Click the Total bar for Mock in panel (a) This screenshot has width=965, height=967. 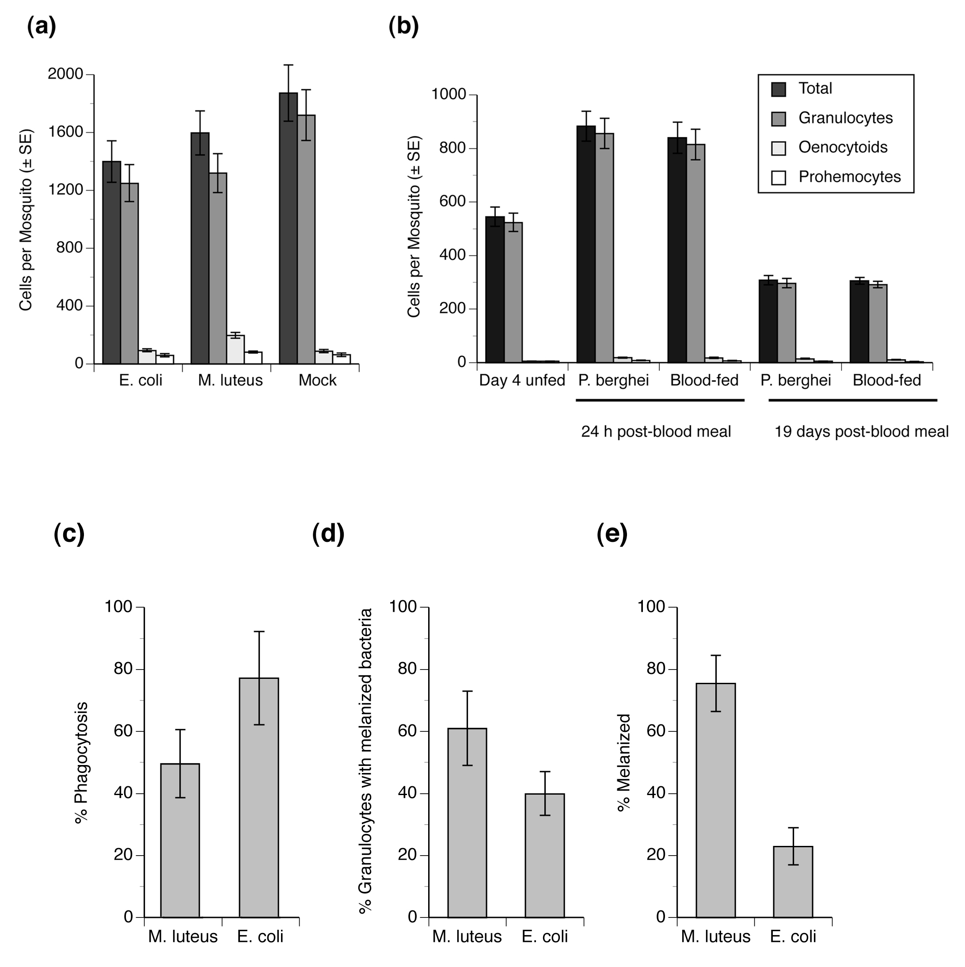[288, 228]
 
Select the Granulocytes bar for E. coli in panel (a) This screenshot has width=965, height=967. [129, 273]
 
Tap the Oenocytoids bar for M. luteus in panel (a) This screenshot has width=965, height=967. [235, 349]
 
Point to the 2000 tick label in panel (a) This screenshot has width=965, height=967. [65, 74]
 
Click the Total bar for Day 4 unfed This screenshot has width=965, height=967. [495, 289]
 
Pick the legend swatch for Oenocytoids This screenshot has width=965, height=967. [778, 148]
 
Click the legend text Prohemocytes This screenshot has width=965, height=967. [849, 177]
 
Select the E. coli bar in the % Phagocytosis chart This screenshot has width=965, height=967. [259, 798]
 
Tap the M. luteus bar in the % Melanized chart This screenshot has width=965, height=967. [716, 800]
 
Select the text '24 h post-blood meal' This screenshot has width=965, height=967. [656, 431]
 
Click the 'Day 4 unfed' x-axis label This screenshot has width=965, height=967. [522, 381]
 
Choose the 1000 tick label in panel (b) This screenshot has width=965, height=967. [449, 94]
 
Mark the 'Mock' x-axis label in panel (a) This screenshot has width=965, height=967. [317, 381]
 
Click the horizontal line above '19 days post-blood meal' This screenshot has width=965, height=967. [852, 400]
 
